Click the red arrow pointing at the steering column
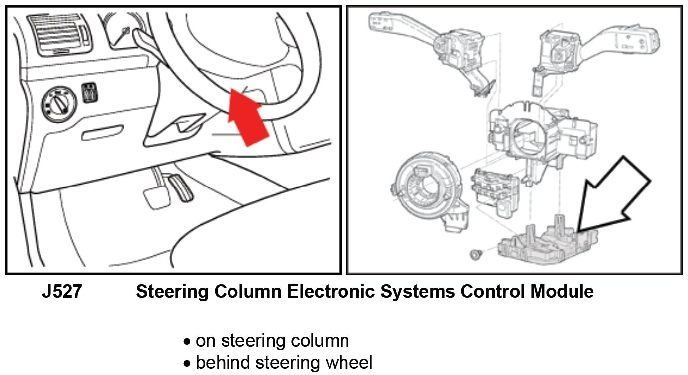pos(247,117)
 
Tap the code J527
pos(61,292)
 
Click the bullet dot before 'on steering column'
pos(187,342)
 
